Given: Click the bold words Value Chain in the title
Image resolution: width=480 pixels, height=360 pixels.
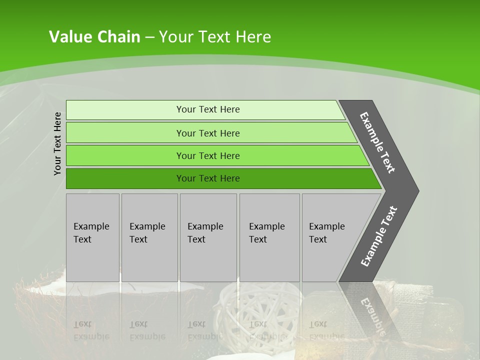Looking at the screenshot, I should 94,37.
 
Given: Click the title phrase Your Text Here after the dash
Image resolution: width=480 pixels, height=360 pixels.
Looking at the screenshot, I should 215,37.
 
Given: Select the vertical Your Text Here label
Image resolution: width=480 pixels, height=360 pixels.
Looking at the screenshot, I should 57,143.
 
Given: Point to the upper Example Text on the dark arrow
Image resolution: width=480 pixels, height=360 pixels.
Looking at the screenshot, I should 377,142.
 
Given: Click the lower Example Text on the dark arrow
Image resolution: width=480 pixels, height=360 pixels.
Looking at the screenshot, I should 379,236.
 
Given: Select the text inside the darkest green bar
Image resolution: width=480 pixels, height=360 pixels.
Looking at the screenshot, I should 208,178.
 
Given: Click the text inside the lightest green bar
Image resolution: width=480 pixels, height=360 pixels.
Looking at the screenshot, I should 208,109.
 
